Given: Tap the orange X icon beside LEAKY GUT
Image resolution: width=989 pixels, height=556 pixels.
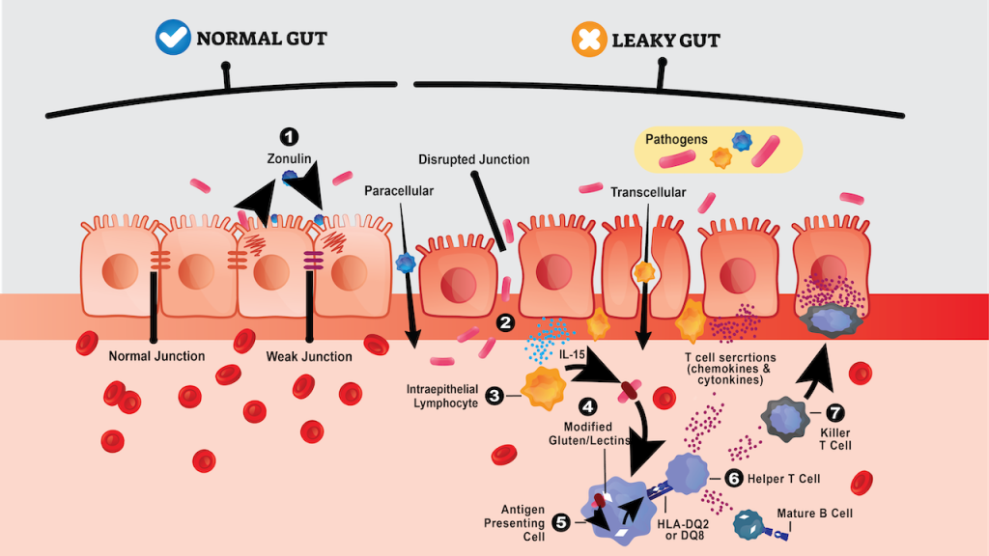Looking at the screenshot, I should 588,40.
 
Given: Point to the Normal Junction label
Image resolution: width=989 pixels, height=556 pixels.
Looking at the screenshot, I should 155,356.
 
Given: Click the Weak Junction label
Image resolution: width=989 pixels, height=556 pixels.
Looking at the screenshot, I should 309,356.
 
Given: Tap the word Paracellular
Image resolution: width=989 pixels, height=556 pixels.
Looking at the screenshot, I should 399,191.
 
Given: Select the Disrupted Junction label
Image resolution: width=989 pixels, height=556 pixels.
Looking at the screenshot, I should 474,159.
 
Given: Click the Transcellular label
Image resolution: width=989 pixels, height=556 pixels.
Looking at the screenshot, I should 647,192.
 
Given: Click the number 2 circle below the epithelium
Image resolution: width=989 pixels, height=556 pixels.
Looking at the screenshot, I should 503,323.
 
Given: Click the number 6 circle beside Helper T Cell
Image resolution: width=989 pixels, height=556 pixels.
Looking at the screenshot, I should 732,478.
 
